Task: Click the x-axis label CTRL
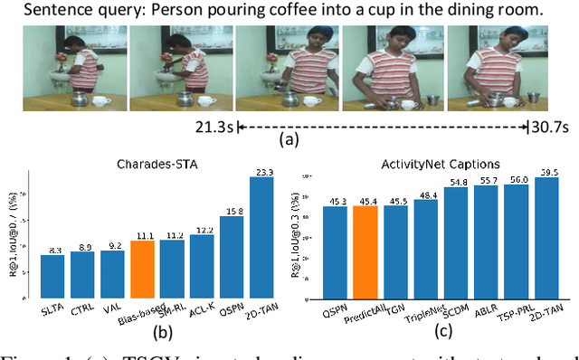pos(83,309)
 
